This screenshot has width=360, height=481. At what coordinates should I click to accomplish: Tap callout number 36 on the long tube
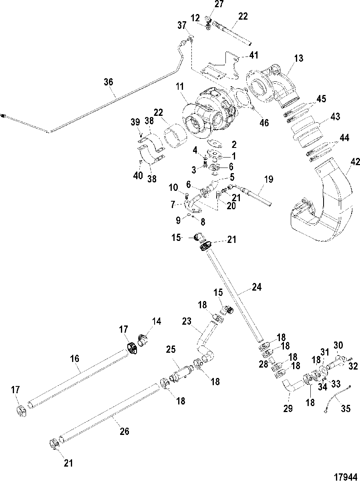tap(109, 82)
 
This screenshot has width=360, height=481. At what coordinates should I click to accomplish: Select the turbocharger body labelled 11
tap(210, 112)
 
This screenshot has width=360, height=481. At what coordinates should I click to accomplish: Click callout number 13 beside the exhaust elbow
tap(298, 59)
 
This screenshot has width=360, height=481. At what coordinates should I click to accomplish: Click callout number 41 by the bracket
tap(254, 55)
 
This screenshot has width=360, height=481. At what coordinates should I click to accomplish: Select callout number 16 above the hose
tap(74, 359)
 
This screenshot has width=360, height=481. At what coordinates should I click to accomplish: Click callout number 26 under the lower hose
tap(125, 431)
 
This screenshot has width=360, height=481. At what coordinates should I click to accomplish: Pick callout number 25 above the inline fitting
tap(171, 350)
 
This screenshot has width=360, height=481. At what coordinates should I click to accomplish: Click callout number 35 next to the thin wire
tap(346, 409)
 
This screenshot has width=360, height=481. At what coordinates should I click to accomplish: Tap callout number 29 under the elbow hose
tap(288, 409)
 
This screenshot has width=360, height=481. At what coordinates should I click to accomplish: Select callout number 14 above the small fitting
tap(157, 321)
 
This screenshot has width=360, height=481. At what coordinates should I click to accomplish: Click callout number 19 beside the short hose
tap(269, 180)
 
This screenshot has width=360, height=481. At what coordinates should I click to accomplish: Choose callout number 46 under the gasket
tap(264, 123)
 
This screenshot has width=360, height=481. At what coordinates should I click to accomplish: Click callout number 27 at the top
tap(218, 4)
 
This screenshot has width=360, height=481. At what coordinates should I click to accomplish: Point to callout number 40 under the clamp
tap(138, 175)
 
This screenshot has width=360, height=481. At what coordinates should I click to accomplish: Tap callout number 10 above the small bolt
tap(173, 188)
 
